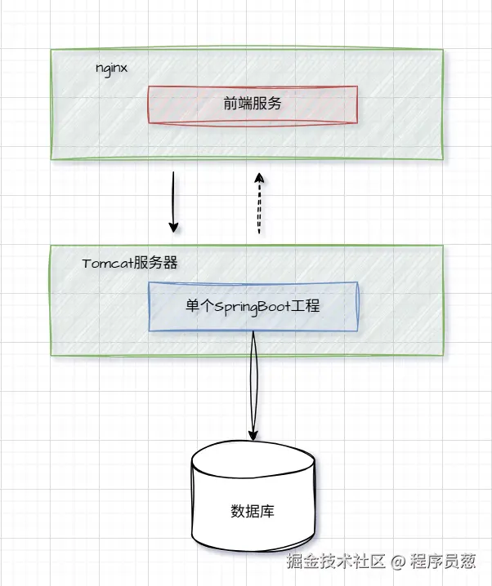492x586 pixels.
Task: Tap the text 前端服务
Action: (253, 104)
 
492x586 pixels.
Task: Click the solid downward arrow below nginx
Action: (173, 200)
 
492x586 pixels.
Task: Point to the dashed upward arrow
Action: (259, 204)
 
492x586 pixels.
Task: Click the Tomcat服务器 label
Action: (130, 264)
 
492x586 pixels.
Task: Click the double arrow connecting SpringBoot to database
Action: (253, 384)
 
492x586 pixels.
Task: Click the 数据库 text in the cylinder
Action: (253, 512)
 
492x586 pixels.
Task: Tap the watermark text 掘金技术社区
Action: (335, 562)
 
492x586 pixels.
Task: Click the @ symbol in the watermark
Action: (398, 562)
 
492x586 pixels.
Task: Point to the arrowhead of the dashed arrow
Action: (259, 177)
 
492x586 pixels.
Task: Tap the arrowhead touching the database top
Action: (253, 434)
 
